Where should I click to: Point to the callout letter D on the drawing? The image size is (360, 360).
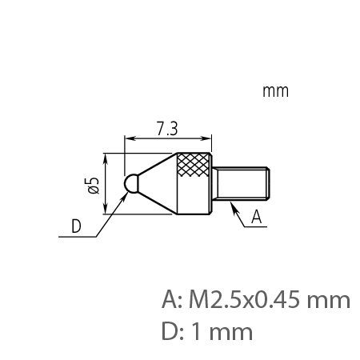76,226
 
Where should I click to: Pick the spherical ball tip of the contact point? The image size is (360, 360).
130,183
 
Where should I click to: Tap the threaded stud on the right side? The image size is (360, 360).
245,183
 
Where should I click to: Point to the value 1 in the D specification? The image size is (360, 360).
198,329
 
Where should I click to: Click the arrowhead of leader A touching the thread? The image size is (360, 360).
231,206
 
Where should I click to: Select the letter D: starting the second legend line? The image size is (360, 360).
171,329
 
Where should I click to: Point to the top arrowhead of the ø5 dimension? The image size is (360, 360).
105,156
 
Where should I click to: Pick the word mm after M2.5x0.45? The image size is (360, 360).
330,301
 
